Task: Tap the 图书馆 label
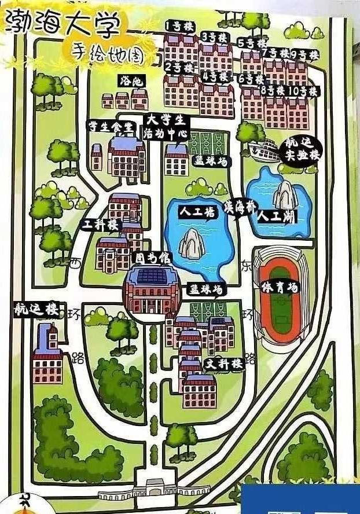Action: tap(145, 256)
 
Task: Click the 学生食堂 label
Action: tap(110, 127)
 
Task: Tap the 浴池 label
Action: tap(130, 80)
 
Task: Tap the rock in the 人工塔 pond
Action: tap(192, 243)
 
